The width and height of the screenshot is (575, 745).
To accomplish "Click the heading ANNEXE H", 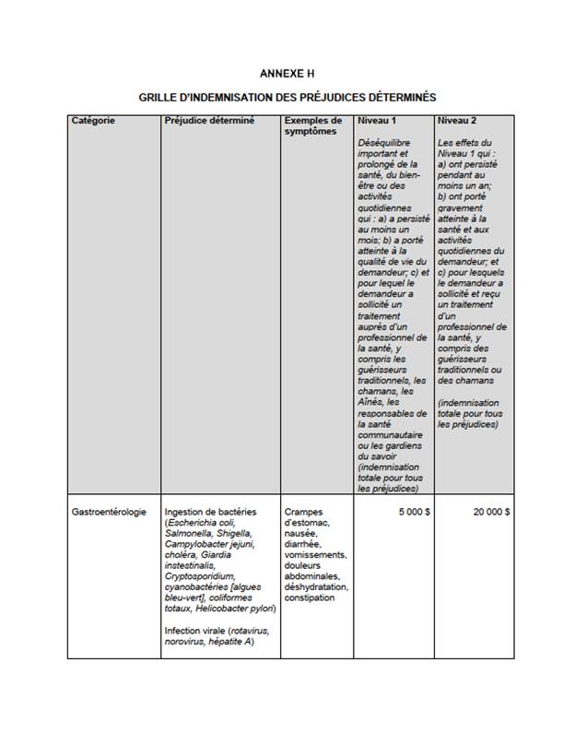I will [x=287, y=73].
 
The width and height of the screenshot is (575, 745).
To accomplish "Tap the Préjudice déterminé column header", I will [x=209, y=121].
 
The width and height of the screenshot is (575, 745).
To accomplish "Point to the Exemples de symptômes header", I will [x=313, y=126].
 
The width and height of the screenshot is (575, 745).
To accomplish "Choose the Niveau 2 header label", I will [x=457, y=121].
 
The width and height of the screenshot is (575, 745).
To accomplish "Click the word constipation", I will [x=310, y=597].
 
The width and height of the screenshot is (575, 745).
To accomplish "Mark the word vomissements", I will [x=315, y=555].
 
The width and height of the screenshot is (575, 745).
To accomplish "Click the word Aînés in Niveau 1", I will [x=371, y=402].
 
